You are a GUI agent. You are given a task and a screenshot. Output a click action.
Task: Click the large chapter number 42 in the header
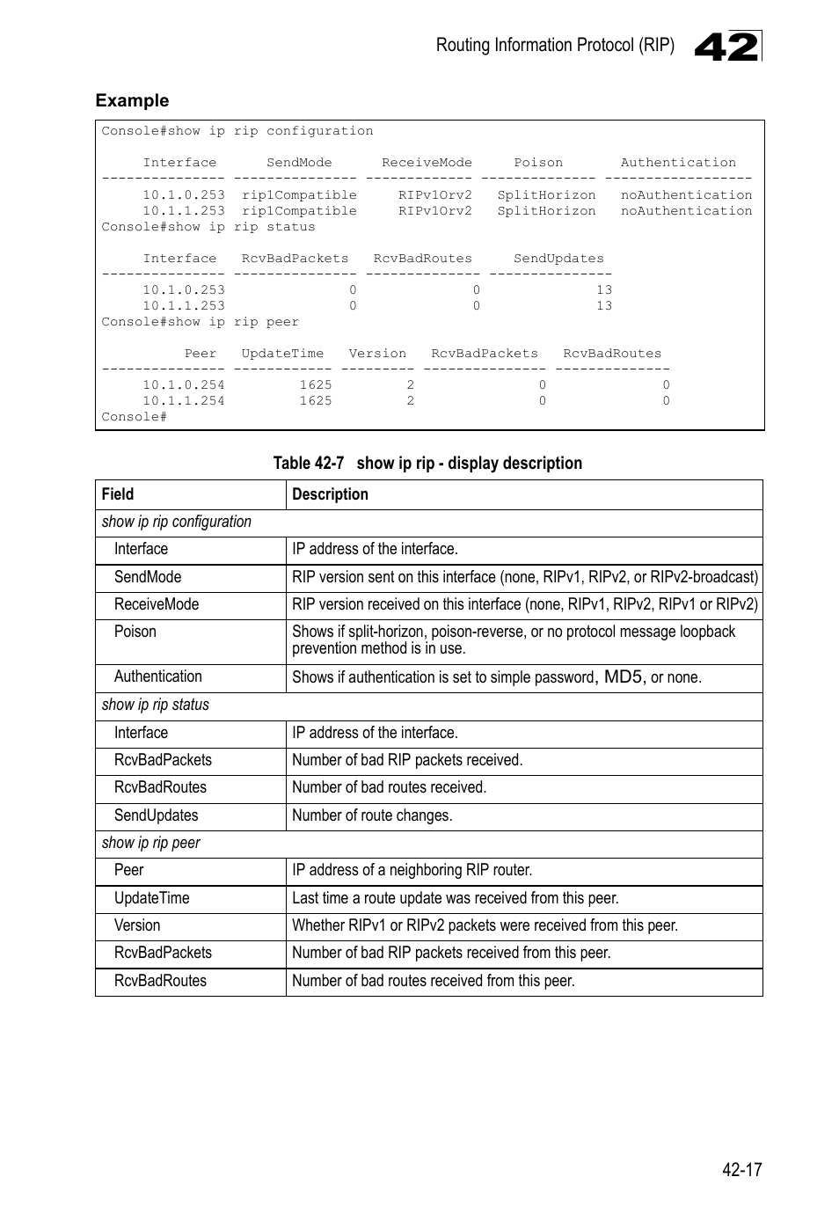[726, 47]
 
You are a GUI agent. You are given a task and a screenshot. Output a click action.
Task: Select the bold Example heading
[132, 100]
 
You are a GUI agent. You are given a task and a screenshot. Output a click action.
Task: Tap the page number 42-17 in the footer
[741, 1169]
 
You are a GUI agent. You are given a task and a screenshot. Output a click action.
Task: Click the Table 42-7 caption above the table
[427, 463]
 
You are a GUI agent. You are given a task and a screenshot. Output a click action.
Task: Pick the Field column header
[118, 494]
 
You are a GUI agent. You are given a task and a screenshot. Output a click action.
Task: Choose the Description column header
[330, 494]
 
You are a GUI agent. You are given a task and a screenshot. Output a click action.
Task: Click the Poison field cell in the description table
[135, 632]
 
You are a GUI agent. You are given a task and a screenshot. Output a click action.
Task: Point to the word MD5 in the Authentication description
[624, 676]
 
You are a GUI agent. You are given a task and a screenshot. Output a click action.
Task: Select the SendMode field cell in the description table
[148, 577]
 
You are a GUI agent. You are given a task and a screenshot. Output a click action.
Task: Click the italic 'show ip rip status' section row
[156, 705]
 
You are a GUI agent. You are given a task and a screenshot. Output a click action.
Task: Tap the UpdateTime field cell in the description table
[151, 898]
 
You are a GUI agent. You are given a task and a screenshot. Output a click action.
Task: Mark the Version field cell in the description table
[137, 925]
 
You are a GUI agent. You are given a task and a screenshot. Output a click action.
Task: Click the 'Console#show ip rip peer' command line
[200, 322]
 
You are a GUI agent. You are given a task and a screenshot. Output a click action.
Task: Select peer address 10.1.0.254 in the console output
[184, 385]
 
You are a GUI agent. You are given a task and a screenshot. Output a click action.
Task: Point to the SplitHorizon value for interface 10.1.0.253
[546, 195]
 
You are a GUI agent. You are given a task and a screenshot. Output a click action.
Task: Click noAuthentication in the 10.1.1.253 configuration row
[686, 211]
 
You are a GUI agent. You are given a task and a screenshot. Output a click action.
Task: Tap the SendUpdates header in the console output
[558, 259]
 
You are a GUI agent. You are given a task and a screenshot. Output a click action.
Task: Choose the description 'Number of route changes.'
[372, 815]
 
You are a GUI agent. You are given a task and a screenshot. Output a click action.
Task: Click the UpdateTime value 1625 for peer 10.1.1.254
[316, 401]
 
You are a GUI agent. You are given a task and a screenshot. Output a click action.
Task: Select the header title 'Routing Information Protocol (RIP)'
[555, 45]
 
